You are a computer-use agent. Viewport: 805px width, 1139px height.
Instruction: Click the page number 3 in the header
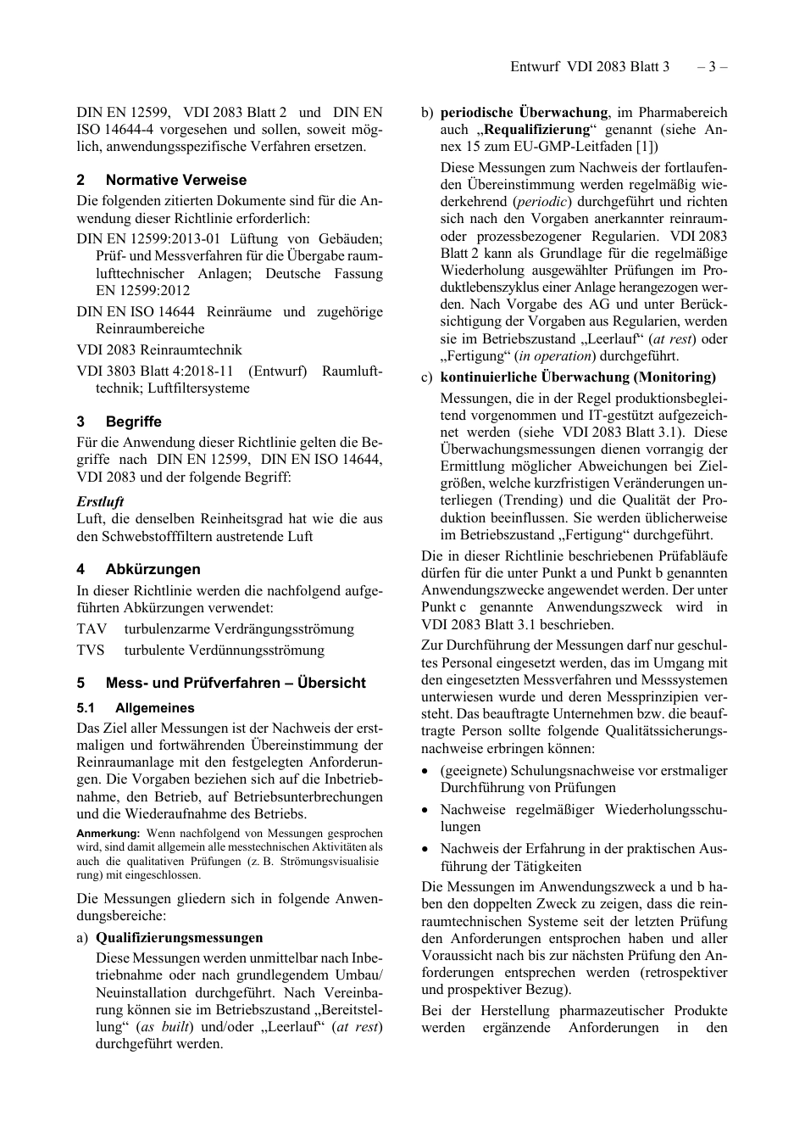tap(713, 66)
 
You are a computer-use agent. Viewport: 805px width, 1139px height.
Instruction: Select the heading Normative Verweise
tap(176, 180)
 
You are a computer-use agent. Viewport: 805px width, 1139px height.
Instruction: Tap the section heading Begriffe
tap(133, 422)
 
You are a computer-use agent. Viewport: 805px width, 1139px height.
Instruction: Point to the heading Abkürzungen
tap(153, 569)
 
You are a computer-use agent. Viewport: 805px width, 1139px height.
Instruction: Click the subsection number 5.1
tap(86, 708)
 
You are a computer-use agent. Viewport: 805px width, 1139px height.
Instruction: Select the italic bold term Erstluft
tap(100, 501)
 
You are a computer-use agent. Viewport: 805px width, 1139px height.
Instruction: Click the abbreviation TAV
tap(92, 629)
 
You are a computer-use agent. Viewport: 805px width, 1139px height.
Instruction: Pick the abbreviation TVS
tap(91, 650)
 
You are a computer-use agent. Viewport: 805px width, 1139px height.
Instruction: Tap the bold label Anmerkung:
tap(108, 834)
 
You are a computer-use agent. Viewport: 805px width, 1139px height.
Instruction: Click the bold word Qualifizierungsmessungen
tap(179, 938)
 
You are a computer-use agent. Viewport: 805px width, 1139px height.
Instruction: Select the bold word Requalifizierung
tap(537, 130)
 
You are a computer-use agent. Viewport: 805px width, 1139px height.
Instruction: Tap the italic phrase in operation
tap(557, 356)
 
